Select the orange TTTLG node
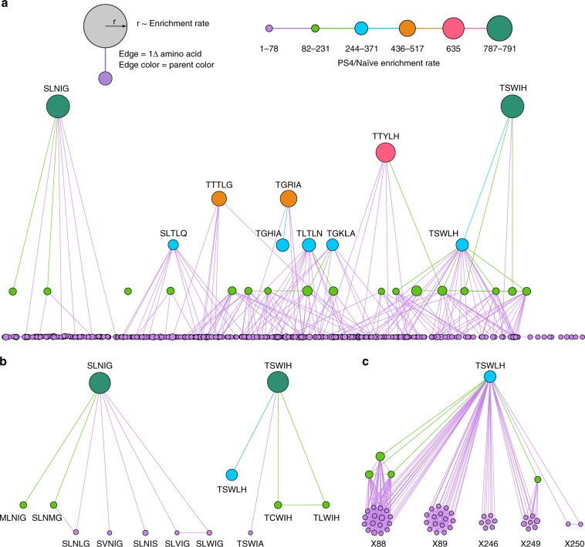click(219, 199)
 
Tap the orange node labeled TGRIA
click(288, 199)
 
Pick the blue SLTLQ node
click(173, 245)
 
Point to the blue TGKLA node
click(333, 245)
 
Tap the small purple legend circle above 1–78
click(269, 29)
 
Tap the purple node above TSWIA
click(252, 511)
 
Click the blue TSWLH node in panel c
click(489, 377)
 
